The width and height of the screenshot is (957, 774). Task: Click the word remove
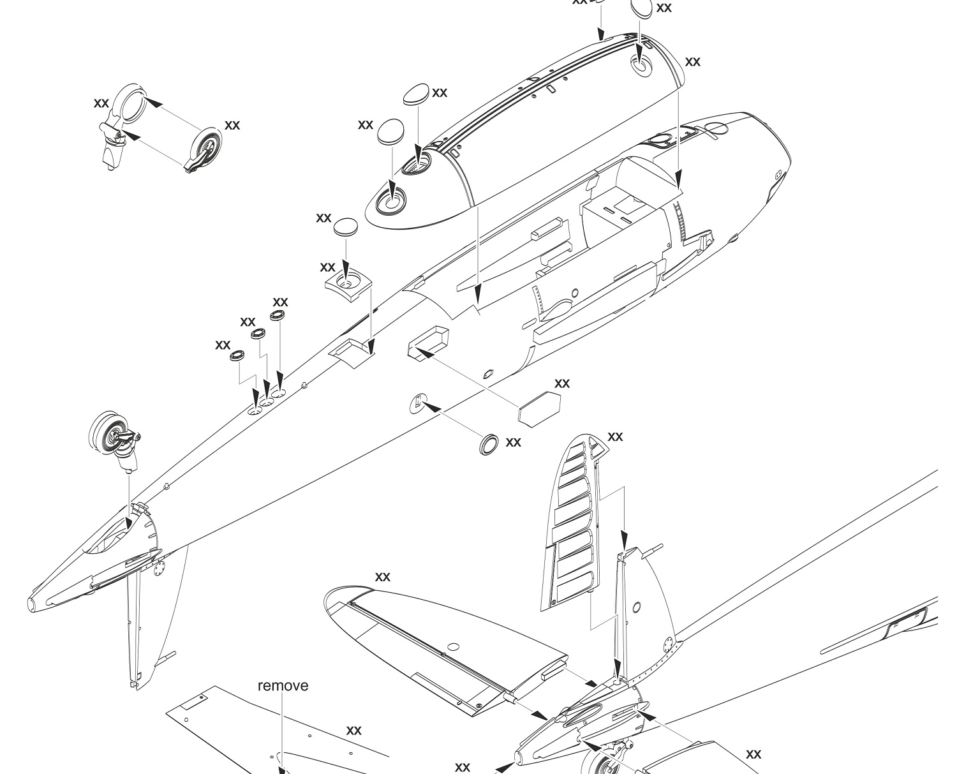[283, 686]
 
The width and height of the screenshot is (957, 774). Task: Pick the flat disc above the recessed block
[346, 227]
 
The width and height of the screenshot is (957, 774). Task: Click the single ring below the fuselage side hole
[489, 445]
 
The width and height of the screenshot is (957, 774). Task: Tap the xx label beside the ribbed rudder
[615, 437]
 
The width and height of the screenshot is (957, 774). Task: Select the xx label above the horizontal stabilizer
[382, 577]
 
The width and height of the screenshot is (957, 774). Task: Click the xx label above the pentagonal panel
[562, 383]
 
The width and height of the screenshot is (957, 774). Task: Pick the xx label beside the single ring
[513, 442]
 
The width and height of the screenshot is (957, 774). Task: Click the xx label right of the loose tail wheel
[232, 126]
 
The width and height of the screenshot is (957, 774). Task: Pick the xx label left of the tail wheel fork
[101, 103]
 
